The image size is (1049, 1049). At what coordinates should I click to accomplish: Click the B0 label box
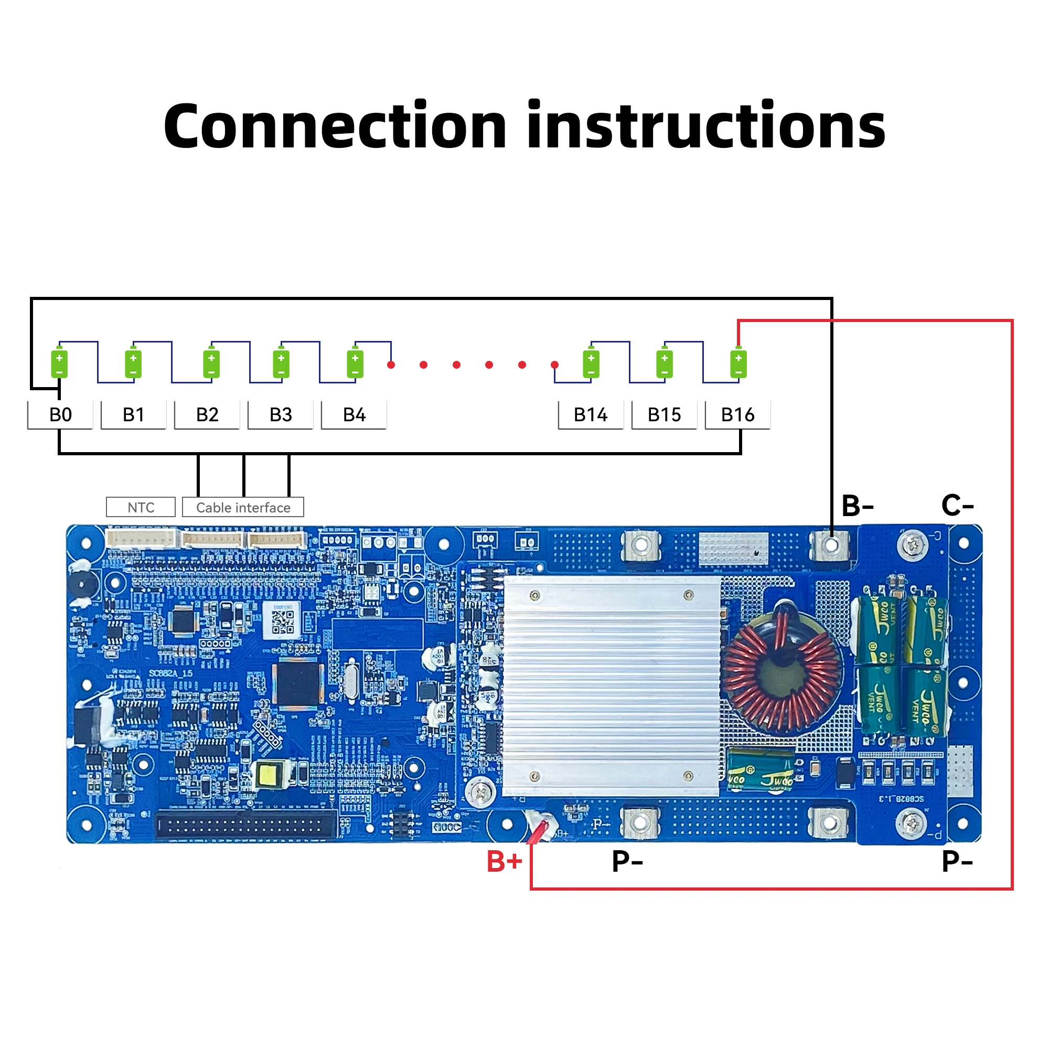pos(60,415)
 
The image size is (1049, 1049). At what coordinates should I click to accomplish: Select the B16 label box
pos(737,415)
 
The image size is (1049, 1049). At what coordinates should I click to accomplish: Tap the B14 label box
pos(591,415)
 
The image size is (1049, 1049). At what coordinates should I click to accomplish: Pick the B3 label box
pos(281,415)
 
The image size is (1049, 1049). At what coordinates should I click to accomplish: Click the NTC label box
pos(141,507)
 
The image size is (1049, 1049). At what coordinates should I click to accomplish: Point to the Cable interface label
pos(243,507)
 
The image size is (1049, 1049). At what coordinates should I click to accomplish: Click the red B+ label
pos(504,862)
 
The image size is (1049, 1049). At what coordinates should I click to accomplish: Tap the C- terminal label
pos(957,506)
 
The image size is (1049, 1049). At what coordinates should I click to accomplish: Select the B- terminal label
pos(858,506)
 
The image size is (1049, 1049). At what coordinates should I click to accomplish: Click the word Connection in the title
pos(335,126)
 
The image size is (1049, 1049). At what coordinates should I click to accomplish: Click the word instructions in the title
pos(706,126)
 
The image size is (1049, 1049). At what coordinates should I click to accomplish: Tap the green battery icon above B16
pos(738,364)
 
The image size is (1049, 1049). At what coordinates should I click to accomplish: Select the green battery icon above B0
pos(59,364)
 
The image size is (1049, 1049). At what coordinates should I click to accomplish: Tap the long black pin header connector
pos(246,826)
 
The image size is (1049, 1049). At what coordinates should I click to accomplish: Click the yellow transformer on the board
pos(267,775)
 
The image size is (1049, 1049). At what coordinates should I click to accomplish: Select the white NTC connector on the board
pos(141,539)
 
